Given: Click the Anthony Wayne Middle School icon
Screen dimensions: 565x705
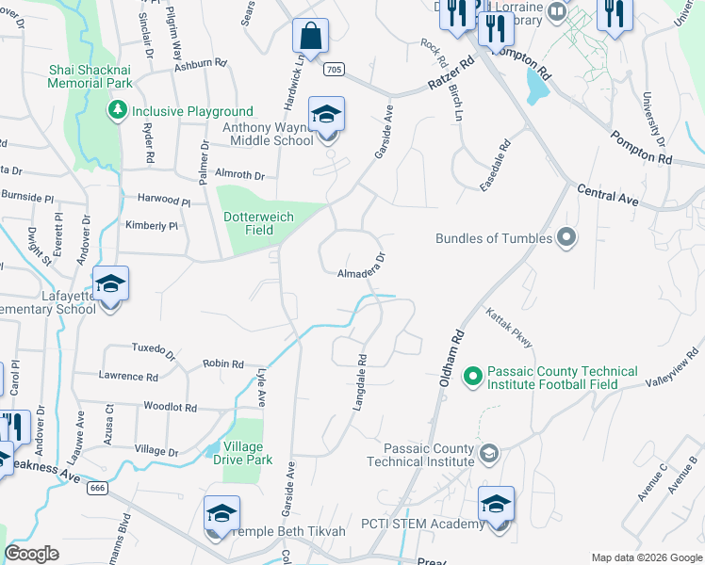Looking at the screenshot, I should (327, 115).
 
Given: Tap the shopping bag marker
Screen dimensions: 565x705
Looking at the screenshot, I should (310, 38).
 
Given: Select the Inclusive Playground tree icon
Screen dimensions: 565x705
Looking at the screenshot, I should (118, 111).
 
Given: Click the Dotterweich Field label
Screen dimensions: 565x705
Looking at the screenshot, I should (259, 223).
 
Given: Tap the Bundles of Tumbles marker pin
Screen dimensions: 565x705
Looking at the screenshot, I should (566, 238).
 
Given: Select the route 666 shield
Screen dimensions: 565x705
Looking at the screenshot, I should (96, 488).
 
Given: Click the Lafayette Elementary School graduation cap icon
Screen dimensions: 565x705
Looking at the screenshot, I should (110, 284).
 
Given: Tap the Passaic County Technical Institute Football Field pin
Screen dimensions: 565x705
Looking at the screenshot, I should (473, 378).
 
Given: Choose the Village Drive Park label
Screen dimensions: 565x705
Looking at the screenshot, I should (248, 453).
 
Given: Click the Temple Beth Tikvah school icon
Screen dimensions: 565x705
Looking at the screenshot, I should (221, 514).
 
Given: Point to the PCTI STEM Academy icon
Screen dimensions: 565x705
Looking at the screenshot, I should (496, 504).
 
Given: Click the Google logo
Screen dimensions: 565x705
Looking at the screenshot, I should (32, 554).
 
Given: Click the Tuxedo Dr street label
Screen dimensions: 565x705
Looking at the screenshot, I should (154, 351).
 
